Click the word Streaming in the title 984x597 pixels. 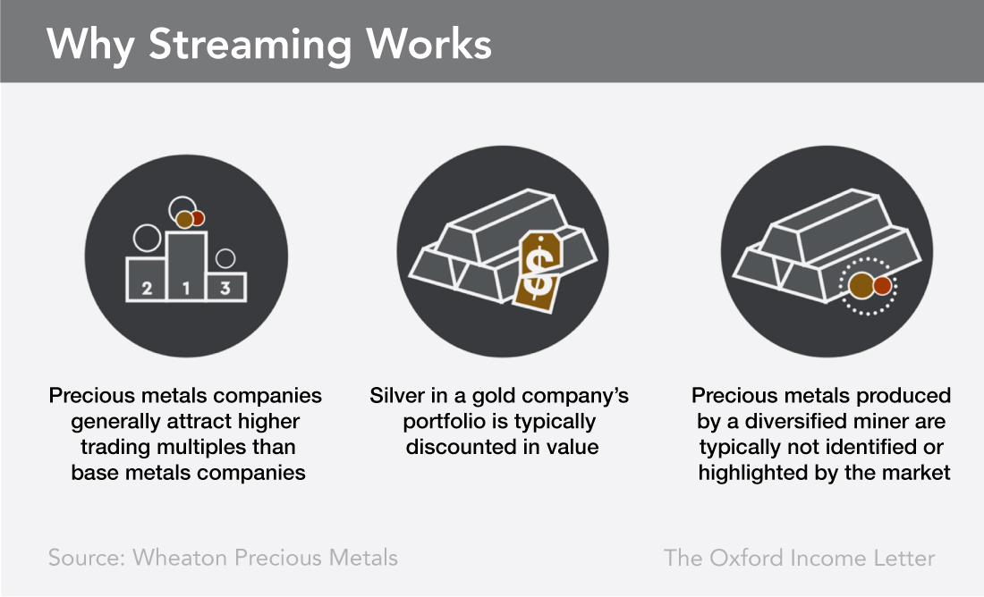tap(250, 46)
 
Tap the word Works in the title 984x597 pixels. tap(428, 44)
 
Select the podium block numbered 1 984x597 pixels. tap(186, 266)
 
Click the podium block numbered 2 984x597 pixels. tap(146, 279)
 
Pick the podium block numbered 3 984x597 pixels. tap(226, 287)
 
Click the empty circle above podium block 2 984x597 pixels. tap(148, 238)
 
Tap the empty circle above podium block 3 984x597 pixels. tap(225, 258)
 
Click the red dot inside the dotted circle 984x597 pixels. tap(882, 285)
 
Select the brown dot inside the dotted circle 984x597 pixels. tap(861, 285)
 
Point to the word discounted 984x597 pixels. tap(453, 447)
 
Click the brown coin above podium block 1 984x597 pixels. tap(184, 220)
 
